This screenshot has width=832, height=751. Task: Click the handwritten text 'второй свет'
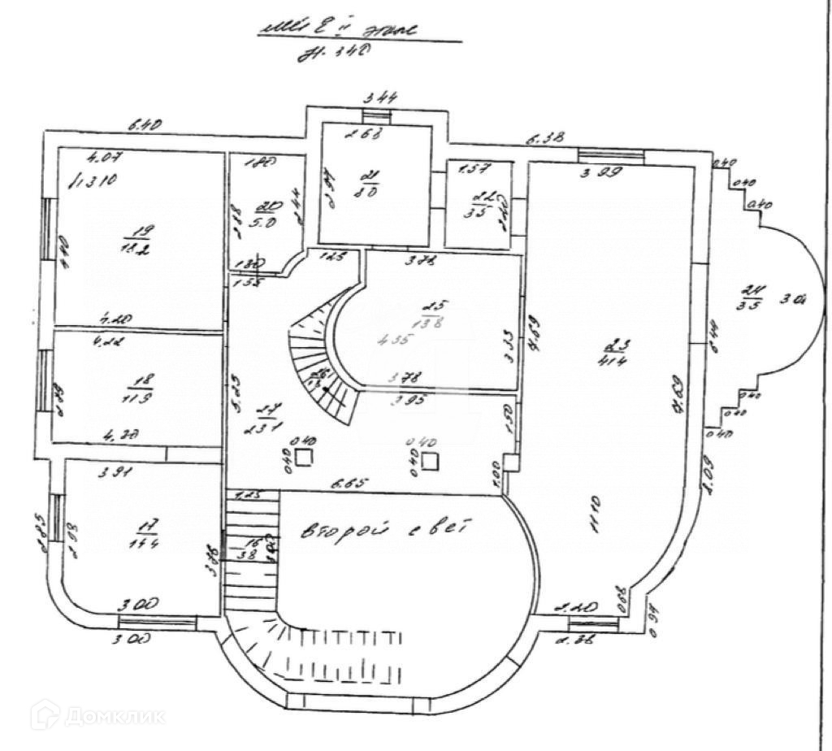click(x=375, y=528)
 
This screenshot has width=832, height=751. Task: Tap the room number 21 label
click(x=371, y=177)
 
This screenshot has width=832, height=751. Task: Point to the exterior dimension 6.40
click(x=147, y=124)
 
